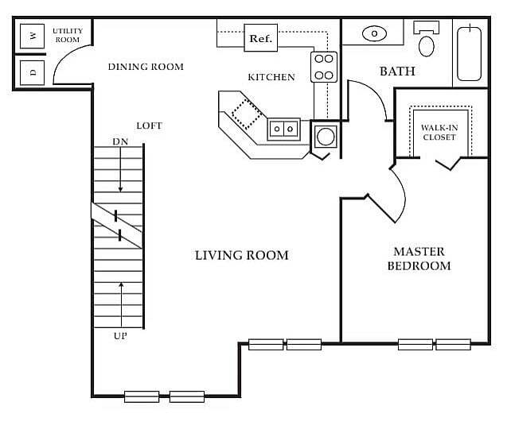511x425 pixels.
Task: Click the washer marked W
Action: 32,36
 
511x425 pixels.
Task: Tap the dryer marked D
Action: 32,72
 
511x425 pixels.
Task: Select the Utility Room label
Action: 68,35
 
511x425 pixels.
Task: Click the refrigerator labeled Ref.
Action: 261,37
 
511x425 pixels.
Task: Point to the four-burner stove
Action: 324,67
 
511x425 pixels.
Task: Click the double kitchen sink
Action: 283,129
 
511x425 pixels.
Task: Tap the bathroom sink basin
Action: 374,33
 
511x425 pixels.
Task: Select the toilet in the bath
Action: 427,39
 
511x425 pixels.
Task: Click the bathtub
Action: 470,54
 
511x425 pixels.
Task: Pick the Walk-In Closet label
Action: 439,133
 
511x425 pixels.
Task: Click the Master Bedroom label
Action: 419,259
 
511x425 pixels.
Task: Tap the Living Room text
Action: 241,255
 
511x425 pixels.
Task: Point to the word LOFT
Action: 150,126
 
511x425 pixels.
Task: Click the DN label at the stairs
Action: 120,141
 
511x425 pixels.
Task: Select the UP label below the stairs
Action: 120,336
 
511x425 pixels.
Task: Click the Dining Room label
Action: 146,67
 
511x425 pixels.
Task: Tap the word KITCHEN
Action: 271,77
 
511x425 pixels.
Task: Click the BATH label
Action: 398,71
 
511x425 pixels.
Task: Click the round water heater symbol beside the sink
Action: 326,136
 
